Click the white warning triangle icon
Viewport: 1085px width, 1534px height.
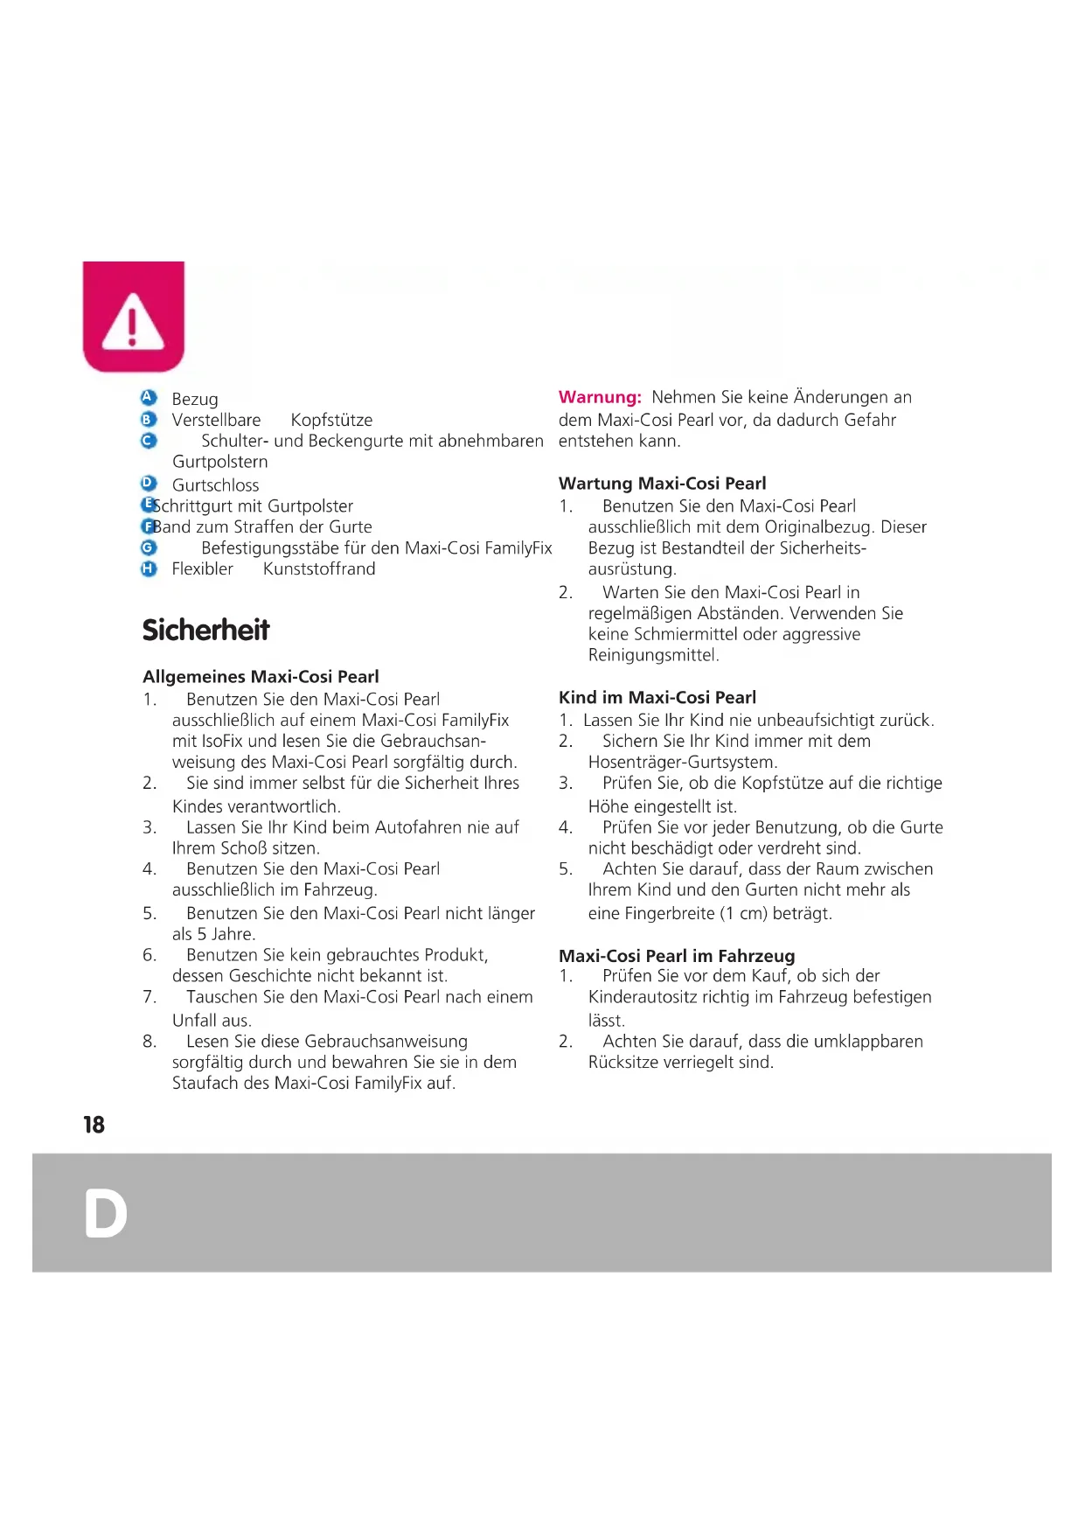point(133,322)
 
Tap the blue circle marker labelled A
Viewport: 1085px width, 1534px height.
point(149,398)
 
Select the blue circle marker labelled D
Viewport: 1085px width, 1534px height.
point(149,483)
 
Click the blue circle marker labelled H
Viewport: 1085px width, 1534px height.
point(149,568)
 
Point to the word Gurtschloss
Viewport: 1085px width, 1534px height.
point(215,485)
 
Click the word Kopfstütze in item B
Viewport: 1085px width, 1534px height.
point(331,421)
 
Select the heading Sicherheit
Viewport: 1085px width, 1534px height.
point(205,630)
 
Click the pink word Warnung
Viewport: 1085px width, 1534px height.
point(600,398)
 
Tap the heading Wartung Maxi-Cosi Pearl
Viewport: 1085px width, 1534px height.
point(662,484)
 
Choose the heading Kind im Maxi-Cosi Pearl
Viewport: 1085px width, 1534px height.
point(657,698)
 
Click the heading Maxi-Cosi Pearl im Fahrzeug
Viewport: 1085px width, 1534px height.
point(677,956)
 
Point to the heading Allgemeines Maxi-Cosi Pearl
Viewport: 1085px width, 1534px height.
point(261,677)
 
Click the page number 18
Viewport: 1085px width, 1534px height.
point(94,1125)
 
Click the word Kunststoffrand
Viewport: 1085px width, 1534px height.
point(319,569)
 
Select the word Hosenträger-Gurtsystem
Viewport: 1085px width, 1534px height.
point(682,763)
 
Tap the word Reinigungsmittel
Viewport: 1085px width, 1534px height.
point(653,656)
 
